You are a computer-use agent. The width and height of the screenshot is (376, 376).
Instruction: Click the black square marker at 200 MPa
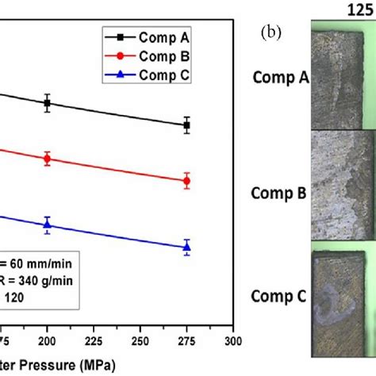coord(48,103)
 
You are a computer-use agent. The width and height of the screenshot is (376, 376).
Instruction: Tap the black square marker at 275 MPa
coord(186,125)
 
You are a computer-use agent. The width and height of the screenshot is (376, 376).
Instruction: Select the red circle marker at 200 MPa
coord(48,159)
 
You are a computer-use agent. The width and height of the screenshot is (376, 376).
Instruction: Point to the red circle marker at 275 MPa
coord(186,181)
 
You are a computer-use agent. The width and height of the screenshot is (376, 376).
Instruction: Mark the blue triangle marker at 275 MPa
coord(186,247)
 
